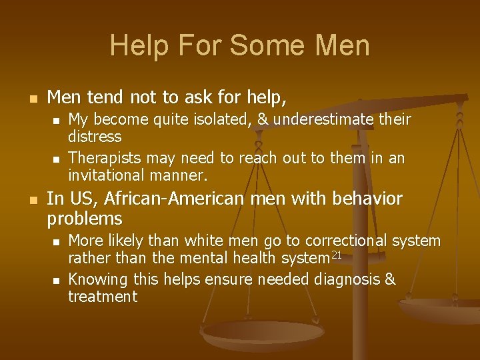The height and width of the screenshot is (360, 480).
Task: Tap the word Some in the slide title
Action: click(254, 45)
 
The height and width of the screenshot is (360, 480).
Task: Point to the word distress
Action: click(95, 137)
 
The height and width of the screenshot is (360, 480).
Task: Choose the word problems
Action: click(85, 218)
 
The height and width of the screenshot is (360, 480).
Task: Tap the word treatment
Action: click(103, 297)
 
